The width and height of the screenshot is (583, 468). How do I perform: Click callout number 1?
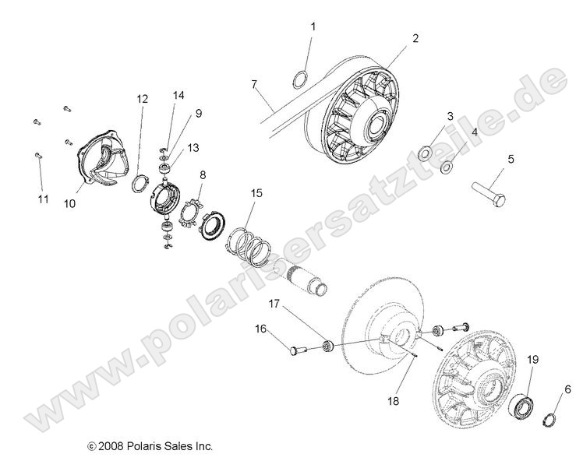(313, 26)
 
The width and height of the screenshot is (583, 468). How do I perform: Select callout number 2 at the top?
(415, 38)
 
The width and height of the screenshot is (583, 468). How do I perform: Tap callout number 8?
(203, 176)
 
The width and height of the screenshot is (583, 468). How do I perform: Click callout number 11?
(44, 199)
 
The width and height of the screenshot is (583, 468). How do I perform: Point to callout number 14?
(178, 95)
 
